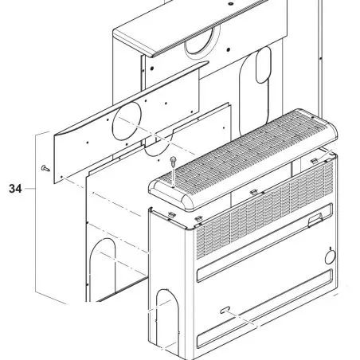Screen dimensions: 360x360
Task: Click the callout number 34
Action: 15,189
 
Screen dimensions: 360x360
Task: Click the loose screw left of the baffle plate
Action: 45,168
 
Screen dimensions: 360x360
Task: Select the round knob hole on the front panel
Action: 331,257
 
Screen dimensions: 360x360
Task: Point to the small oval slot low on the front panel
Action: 225,310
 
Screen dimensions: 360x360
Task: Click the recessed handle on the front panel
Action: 315,220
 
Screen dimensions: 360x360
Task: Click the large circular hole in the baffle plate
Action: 127,121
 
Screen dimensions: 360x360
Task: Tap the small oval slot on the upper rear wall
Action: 263,65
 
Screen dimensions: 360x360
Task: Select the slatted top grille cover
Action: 243,159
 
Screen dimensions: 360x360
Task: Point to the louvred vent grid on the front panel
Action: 265,209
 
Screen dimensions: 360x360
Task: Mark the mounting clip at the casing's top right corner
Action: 314,160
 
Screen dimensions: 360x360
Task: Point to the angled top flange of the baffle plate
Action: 131,98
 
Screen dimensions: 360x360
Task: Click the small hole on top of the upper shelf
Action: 231,4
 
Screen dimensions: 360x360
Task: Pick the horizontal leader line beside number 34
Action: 29,189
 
